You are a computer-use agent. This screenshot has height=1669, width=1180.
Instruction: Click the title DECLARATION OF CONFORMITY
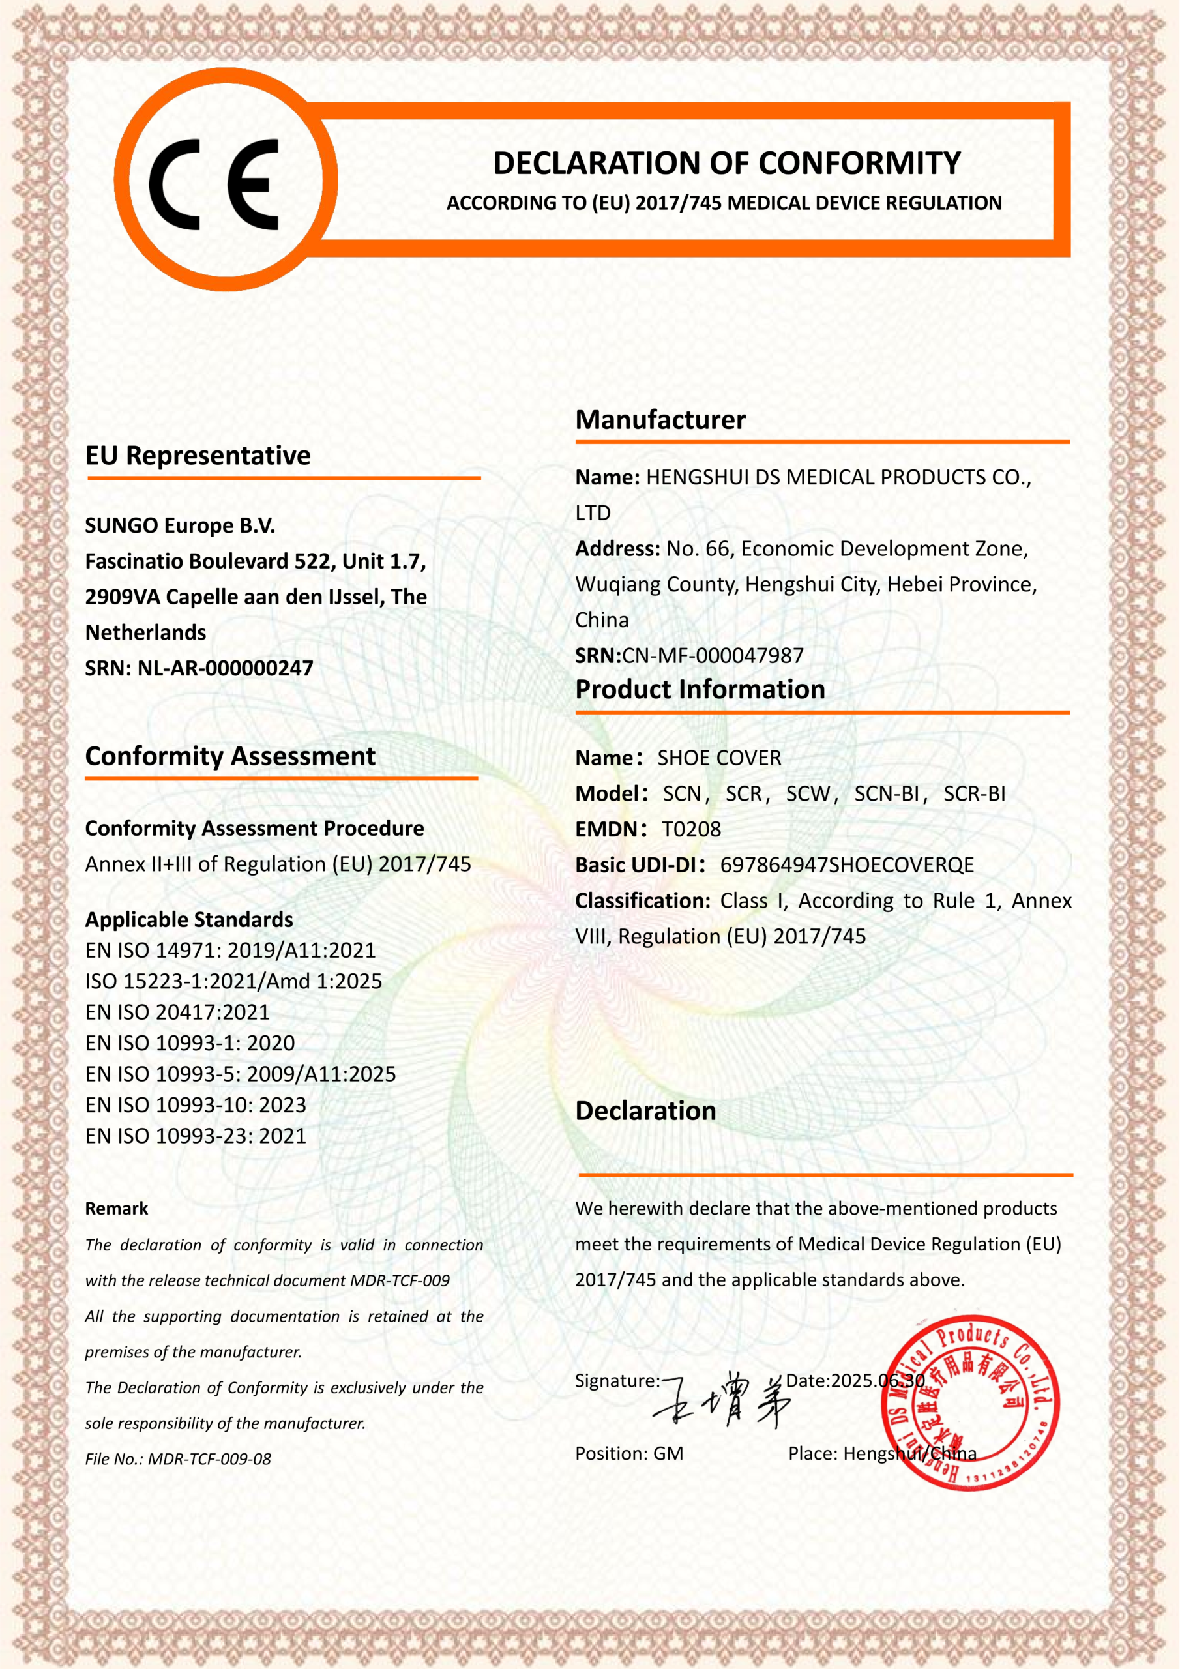pyautogui.click(x=726, y=164)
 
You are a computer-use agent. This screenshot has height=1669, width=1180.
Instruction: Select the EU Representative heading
pyautogui.click(x=198, y=456)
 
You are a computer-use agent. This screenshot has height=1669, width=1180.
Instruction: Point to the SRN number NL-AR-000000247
pyautogui.click(x=226, y=668)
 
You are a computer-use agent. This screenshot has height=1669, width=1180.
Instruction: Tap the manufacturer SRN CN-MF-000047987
pyautogui.click(x=713, y=656)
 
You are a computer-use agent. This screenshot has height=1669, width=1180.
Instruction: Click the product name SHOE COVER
pyautogui.click(x=719, y=758)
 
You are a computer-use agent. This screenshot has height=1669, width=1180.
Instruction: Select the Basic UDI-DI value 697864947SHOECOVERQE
pyautogui.click(x=846, y=865)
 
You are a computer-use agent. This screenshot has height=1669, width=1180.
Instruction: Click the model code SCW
pyautogui.click(x=807, y=794)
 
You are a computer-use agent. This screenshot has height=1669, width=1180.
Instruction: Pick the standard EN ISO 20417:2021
pyautogui.click(x=177, y=1012)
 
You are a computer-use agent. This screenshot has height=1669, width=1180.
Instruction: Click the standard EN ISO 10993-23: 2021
pyautogui.click(x=196, y=1136)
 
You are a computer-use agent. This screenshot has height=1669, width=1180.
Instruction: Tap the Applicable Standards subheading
pyautogui.click(x=189, y=919)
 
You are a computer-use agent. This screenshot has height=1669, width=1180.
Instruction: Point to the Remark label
pyautogui.click(x=116, y=1209)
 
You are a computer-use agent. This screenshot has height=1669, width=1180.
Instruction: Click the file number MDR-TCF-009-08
pyautogui.click(x=209, y=1459)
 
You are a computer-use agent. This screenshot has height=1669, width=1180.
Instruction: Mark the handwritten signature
pyautogui.click(x=724, y=1399)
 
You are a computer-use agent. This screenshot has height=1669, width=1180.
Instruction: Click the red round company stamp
pyautogui.click(x=970, y=1403)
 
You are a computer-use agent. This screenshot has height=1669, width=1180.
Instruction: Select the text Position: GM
pyautogui.click(x=629, y=1453)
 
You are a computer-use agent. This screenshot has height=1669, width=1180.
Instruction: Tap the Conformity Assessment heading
pyautogui.click(x=231, y=757)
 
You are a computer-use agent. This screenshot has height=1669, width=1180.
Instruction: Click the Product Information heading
pyautogui.click(x=700, y=689)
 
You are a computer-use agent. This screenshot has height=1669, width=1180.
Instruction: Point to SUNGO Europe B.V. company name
pyautogui.click(x=181, y=525)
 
